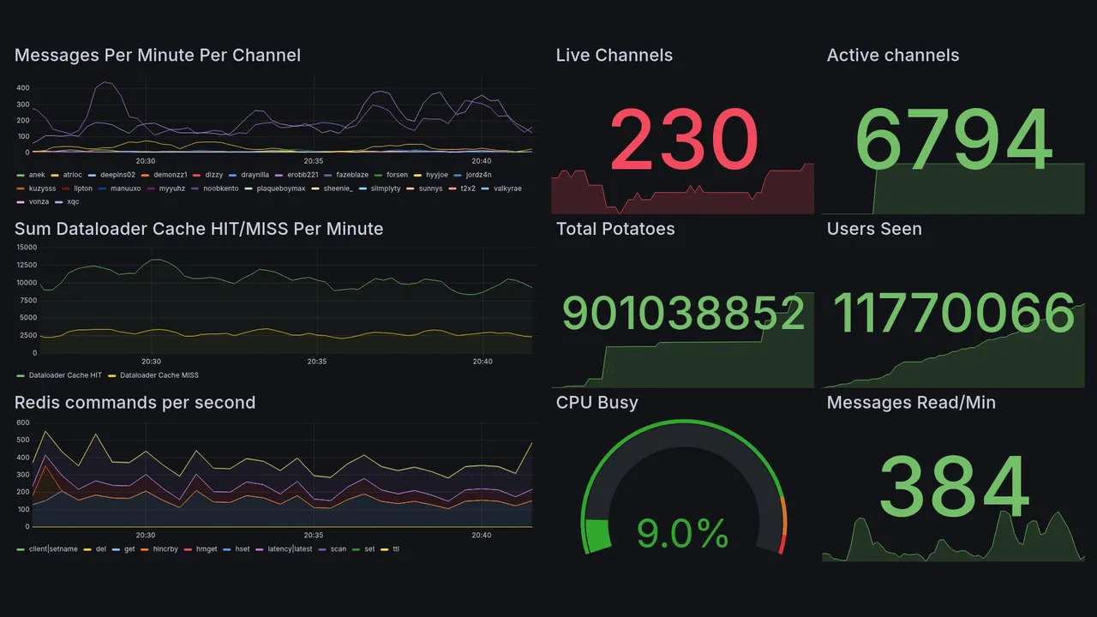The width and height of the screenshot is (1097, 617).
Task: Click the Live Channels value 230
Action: pos(684,139)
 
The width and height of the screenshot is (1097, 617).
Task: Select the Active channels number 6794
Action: pos(953,140)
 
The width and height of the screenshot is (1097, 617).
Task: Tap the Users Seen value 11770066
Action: pos(953,314)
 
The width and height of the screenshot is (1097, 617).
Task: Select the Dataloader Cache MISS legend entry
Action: pos(159,375)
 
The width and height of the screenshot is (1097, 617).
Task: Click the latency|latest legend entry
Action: pos(290,548)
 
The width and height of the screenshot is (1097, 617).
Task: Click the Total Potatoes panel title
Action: pos(615,229)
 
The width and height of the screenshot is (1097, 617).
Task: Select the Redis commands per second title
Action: pos(135,403)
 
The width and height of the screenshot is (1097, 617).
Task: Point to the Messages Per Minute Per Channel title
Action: pos(158,56)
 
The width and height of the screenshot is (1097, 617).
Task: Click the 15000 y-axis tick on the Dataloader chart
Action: pos(26,248)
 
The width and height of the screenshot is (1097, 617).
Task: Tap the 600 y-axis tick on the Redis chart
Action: pos(22,423)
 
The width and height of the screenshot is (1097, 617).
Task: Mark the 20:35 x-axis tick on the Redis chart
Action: pos(315,536)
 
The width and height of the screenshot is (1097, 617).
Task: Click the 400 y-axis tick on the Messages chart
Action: pos(22,88)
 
